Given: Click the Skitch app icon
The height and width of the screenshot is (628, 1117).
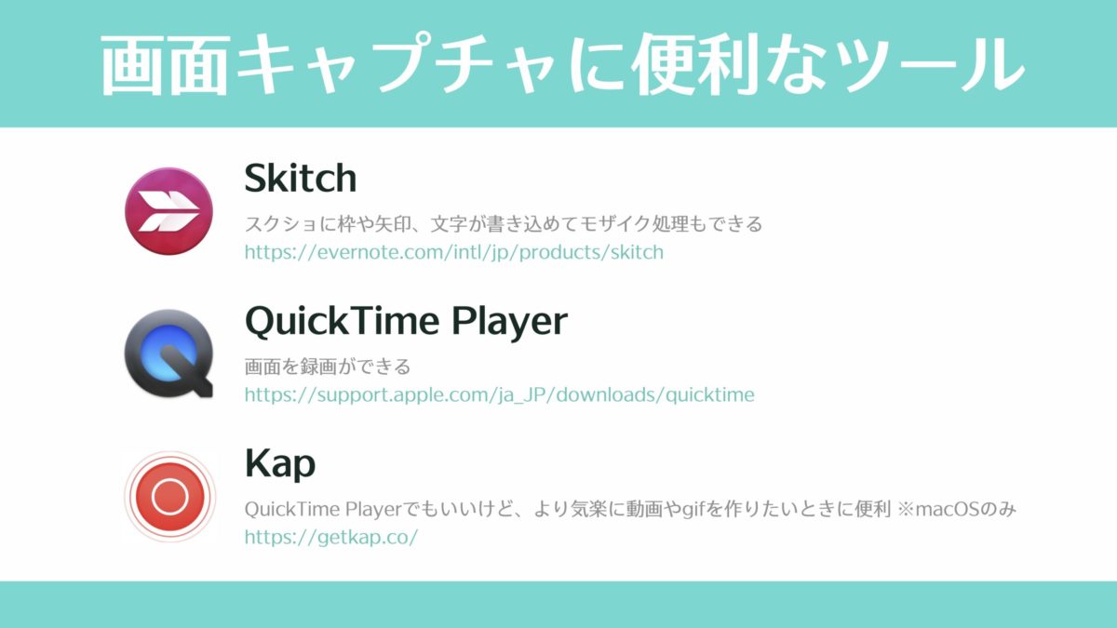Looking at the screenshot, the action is click(168, 211).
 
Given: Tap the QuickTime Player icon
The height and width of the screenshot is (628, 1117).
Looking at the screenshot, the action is click(169, 354).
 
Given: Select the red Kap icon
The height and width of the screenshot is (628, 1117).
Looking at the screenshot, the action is click(170, 497).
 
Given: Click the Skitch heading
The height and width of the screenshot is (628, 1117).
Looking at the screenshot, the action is click(301, 178).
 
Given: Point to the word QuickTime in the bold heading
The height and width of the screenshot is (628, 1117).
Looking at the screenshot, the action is click(343, 321).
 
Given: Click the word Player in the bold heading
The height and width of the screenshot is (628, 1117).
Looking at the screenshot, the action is click(510, 323).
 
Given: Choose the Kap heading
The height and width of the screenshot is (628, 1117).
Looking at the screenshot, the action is click(280, 465).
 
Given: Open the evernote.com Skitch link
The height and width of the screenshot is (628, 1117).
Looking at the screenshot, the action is click(454, 252).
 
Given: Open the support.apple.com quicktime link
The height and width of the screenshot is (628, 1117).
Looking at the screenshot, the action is click(499, 394).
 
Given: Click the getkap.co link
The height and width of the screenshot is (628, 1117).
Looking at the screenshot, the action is click(331, 538).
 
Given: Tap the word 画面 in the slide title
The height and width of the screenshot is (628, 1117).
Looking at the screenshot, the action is click(165, 65).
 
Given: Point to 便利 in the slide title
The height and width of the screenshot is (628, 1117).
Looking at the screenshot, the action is click(695, 65).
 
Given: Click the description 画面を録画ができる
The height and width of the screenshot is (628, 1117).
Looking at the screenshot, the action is click(328, 367).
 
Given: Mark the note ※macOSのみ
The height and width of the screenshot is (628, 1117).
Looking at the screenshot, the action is click(956, 509).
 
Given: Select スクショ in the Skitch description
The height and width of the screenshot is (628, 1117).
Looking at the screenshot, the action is click(281, 224).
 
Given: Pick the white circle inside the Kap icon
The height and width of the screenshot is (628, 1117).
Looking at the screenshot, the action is click(170, 497).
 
